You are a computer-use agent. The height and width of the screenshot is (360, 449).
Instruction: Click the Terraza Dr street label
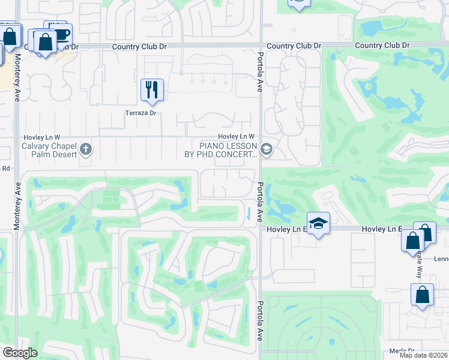140,113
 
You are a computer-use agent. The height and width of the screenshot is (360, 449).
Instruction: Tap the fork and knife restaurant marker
152,90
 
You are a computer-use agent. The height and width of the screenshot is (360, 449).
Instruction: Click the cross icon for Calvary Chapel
86,149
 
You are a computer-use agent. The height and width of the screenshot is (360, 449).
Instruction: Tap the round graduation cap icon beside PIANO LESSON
267,149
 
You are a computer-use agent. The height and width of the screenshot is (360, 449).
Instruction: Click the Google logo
19,353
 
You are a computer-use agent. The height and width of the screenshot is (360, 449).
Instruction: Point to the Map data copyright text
423,355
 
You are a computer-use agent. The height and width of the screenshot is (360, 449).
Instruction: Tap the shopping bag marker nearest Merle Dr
422,295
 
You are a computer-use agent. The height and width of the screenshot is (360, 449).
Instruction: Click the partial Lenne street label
441,259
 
